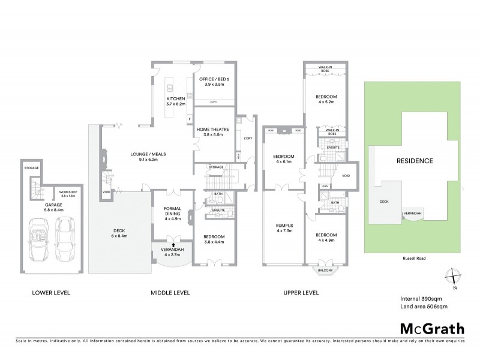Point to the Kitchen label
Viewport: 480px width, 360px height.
coord(176,101)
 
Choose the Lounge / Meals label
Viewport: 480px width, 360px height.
coord(148,157)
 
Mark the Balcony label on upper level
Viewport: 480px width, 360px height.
coord(325,269)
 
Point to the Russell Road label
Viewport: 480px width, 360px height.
coord(412,260)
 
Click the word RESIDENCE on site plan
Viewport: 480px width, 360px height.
coord(415,161)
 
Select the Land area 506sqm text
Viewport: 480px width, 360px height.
coord(424,306)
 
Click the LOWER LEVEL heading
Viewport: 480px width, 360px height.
coord(51,293)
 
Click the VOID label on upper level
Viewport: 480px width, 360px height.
coord(346,176)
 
